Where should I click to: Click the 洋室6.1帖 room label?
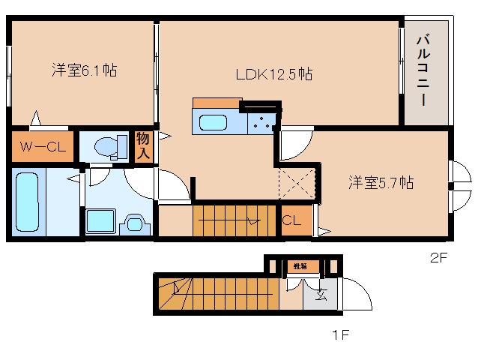tap(84, 70)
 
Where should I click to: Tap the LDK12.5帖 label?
tap(274, 73)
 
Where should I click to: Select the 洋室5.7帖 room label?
tap(380, 182)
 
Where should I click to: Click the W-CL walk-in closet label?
tap(43, 146)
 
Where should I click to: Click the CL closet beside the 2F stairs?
tap(292, 221)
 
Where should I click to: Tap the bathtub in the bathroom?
tap(27, 201)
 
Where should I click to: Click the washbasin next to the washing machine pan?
tap(135, 222)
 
